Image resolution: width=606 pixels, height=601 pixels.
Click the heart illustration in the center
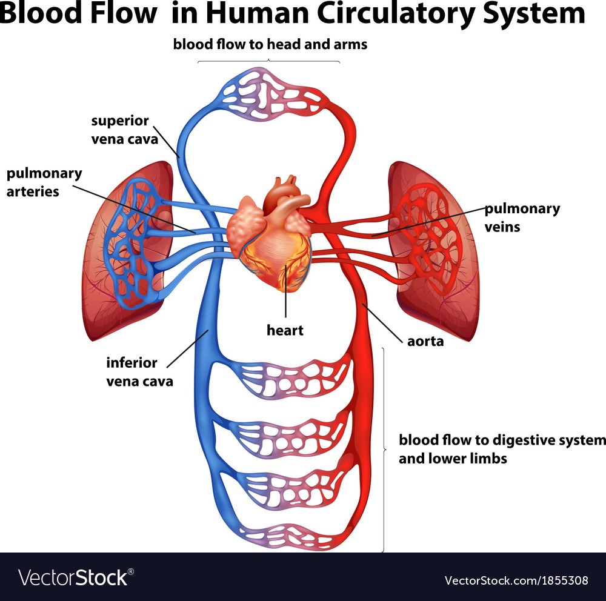270,236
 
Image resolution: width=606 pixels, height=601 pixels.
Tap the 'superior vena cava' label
124,130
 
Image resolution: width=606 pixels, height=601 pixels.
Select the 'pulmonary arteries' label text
44,182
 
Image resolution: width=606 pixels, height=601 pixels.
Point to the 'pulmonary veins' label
522,217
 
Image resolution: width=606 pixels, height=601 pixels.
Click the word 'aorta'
425,341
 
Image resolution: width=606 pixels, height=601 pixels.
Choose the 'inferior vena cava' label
139,372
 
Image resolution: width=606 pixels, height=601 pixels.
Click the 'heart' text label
285,330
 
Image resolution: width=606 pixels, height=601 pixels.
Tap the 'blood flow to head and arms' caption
270,44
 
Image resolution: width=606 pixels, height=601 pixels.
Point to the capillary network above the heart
270,94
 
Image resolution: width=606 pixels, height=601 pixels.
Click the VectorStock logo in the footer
76,578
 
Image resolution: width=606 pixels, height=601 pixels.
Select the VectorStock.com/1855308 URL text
516,580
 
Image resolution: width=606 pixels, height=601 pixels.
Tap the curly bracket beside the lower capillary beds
384,450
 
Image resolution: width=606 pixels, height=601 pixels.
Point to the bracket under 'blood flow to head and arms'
268,61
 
